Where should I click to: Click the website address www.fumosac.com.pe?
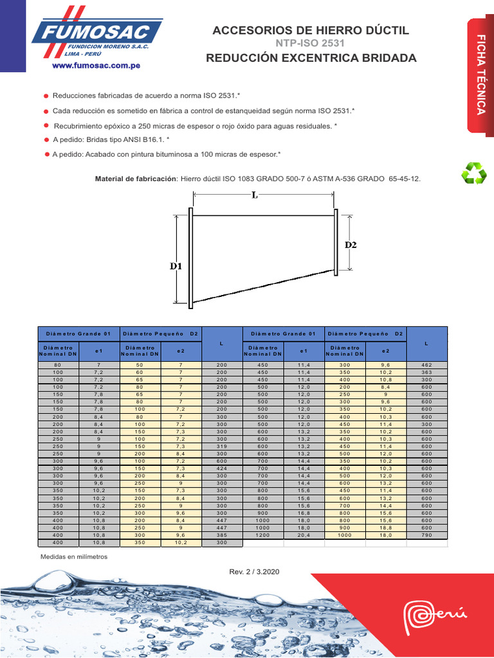(x=96, y=66)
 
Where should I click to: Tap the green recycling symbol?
(x=475, y=173)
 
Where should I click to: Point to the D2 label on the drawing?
(x=351, y=245)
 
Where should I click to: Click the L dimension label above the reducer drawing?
(x=255, y=196)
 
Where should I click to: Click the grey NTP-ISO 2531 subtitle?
(x=310, y=44)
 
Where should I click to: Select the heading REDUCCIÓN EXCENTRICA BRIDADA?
(x=311, y=58)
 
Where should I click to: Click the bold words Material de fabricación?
(x=136, y=178)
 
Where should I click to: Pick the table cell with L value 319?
(x=222, y=445)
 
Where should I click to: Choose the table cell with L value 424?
(x=222, y=468)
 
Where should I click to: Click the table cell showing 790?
(x=426, y=535)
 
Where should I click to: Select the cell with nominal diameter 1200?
(x=262, y=535)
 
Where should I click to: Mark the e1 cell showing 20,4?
(x=304, y=535)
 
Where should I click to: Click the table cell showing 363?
(x=426, y=371)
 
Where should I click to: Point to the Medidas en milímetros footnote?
(x=74, y=556)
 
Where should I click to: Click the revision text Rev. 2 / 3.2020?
(x=254, y=571)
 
